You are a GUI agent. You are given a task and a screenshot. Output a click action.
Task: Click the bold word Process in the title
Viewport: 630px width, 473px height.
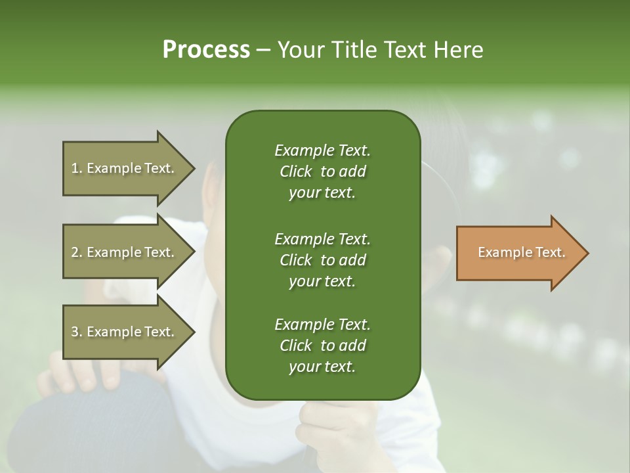206,50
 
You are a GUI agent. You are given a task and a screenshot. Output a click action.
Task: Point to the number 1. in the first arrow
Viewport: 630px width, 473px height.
77,168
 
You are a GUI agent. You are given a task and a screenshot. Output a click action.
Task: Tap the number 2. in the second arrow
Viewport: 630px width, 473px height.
77,252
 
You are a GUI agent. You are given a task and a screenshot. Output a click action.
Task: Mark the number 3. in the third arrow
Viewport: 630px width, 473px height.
77,332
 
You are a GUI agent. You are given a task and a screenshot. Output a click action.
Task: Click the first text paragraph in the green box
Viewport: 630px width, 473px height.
322,171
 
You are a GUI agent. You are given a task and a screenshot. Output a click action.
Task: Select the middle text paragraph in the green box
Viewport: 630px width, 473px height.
322,259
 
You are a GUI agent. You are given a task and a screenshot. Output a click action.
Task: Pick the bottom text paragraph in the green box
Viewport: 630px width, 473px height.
322,346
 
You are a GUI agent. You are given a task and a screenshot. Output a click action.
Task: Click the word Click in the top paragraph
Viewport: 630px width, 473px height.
295,171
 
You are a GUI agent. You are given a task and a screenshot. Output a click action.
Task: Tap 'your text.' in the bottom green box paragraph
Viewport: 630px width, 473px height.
322,367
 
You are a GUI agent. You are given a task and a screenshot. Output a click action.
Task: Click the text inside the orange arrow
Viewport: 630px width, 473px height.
521,252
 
